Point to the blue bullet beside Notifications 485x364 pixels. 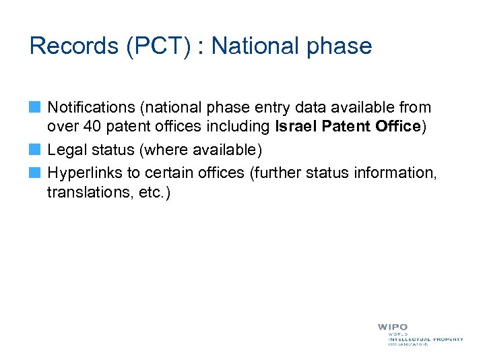coord(35,107)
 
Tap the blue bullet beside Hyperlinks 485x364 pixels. coord(35,173)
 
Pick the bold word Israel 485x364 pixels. coord(294,127)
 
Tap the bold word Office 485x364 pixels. coord(397,127)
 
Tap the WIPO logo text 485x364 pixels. coord(392,327)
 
